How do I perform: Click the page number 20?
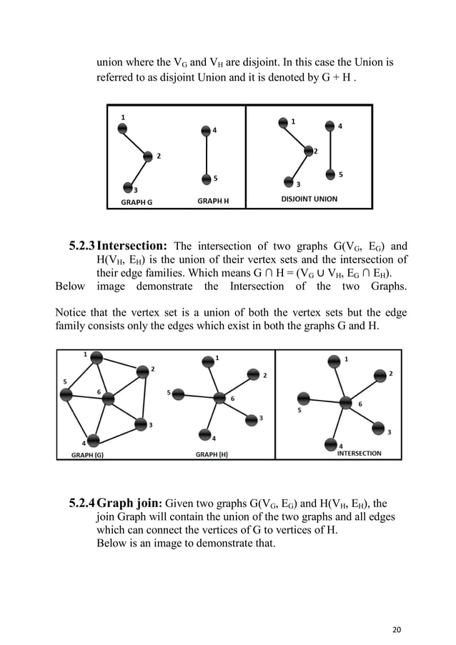point(398,609)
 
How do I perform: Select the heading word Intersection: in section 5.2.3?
point(132,246)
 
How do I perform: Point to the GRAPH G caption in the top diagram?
point(137,202)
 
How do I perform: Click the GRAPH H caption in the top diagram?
point(213,201)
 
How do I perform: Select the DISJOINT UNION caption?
point(309,199)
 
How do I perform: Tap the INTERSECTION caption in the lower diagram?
point(359,453)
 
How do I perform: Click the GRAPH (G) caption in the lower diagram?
point(87,454)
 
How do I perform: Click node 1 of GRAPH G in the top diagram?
point(123,127)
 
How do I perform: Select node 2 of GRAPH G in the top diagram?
point(147,156)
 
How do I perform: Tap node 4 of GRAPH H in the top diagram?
point(206,130)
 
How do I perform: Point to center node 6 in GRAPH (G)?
point(108,398)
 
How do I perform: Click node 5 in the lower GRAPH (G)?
point(67,394)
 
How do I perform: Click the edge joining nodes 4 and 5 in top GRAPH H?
point(206,154)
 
